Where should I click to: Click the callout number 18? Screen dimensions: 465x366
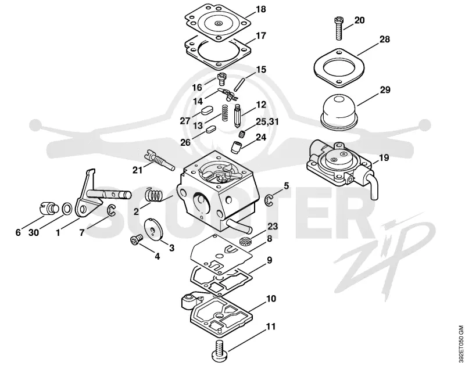pos(260,9)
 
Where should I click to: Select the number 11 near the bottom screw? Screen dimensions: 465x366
pos(270,326)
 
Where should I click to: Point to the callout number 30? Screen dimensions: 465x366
pos(34,232)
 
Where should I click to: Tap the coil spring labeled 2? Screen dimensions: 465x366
pos(155,196)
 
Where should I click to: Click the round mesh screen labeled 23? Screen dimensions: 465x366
pos(244,240)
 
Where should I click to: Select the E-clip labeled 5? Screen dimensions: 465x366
pos(269,200)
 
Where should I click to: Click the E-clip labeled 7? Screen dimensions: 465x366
pos(111,211)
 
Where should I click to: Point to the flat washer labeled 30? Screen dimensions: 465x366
pos(67,209)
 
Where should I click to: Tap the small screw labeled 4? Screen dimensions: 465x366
pos(136,239)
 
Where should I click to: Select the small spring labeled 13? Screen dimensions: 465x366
pos(226,113)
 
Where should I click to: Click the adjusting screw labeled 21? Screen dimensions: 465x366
pos(159,160)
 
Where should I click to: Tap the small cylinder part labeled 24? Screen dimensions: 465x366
pos(236,147)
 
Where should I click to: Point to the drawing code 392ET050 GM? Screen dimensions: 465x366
pos(460,346)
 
